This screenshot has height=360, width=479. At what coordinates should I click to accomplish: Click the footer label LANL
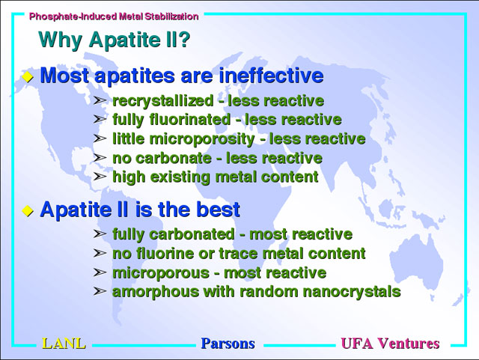(64, 344)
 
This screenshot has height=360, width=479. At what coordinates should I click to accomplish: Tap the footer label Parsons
(228, 344)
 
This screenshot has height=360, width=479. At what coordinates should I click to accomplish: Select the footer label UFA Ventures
(391, 344)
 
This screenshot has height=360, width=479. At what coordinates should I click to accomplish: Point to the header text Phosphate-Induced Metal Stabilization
(114, 16)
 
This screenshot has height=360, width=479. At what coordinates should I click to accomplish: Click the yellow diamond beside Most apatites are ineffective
(28, 76)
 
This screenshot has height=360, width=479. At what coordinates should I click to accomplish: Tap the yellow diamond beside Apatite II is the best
(28, 210)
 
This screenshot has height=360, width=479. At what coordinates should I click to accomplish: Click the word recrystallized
(163, 101)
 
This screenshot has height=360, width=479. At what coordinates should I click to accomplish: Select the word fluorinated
(190, 120)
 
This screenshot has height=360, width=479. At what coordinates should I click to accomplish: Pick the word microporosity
(202, 139)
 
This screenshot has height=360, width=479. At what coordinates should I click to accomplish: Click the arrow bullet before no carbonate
(100, 158)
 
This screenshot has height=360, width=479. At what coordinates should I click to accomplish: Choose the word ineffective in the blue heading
(271, 75)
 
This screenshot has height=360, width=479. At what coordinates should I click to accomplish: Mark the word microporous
(161, 273)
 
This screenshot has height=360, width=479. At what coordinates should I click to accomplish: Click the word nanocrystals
(352, 292)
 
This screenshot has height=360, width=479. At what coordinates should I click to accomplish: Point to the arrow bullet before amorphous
(100, 292)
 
